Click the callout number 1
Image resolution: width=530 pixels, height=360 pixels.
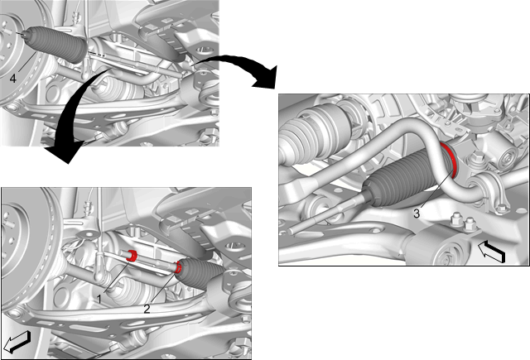click(x=99, y=298)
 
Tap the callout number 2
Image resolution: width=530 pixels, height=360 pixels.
click(x=147, y=309)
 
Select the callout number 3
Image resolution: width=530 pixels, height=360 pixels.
click(x=417, y=214)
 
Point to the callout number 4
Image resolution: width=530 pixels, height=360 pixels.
click(x=13, y=79)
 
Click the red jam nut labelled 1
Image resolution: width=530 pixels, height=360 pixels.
click(x=131, y=256)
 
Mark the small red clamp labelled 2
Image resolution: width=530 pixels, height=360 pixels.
click(x=178, y=267)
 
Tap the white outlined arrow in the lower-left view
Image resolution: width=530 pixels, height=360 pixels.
click(x=17, y=342)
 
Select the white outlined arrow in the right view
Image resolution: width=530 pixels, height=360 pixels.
click(x=492, y=252)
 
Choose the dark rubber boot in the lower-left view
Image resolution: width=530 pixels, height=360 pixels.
click(x=200, y=274)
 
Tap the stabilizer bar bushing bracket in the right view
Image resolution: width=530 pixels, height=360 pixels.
click(x=489, y=190)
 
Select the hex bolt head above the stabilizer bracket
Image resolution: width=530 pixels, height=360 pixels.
click(x=476, y=157)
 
